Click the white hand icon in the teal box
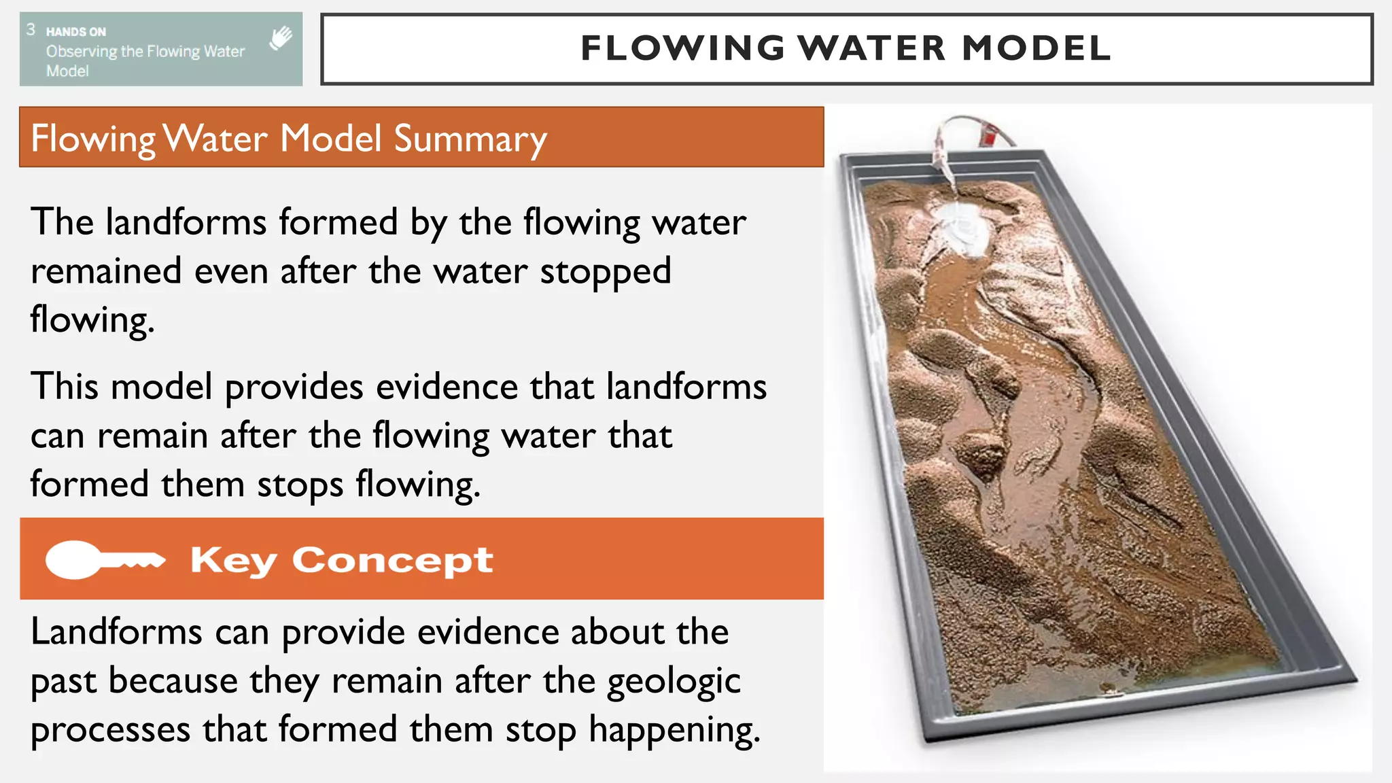280,38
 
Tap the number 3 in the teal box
31,29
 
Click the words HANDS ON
76,31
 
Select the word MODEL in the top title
1037,48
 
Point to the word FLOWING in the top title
683,48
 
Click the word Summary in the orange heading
470,139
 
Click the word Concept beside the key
392,561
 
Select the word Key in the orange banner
233,561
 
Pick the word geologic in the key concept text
673,682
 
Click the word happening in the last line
674,731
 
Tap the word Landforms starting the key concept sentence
116,632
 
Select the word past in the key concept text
66,682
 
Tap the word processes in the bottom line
110,731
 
